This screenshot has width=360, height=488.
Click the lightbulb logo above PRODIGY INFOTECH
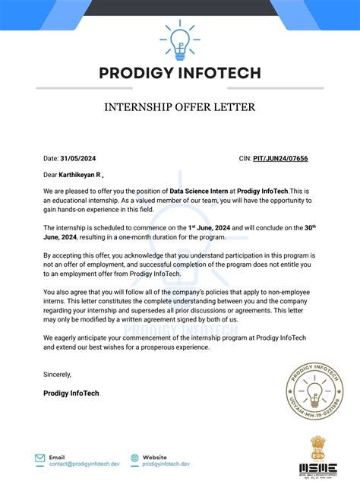180,41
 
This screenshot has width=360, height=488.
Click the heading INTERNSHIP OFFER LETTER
180,107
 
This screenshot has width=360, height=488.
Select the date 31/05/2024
80,159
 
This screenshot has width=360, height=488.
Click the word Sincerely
58,374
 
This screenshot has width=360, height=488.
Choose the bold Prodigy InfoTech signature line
71,393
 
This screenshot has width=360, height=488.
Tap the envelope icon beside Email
39,458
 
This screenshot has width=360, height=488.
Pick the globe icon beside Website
134,458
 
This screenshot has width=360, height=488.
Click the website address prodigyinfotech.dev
166,464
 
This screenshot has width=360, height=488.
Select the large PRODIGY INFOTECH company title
180,74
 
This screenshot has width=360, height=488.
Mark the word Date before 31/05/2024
50,159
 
